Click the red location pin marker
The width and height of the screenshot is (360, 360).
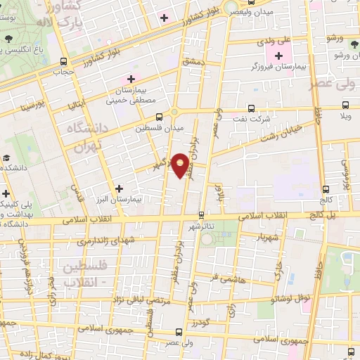pyautogui.click(x=181, y=165)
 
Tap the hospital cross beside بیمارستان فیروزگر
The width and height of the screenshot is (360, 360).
pyautogui.click(x=279, y=56)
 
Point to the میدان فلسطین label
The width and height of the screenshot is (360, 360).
pyautogui.click(x=161, y=128)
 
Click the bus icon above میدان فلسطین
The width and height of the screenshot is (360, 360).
pyautogui.click(x=160, y=117)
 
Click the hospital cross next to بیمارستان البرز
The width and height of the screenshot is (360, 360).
pyautogui.click(x=119, y=188)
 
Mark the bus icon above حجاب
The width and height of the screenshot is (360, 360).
pyautogui.click(x=64, y=60)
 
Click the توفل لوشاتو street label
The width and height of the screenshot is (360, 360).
pyautogui.click(x=292, y=298)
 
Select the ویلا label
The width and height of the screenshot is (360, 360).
pyautogui.click(x=345, y=115)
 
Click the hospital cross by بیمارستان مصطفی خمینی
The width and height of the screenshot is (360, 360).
pyautogui.click(x=131, y=79)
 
